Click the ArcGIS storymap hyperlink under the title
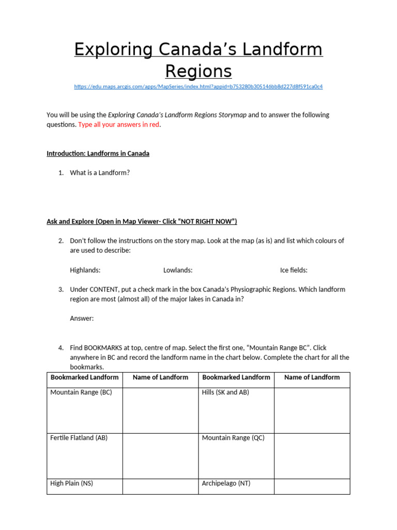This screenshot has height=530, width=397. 198,86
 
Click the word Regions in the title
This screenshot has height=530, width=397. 198,71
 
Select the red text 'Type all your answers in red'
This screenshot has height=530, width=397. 119,125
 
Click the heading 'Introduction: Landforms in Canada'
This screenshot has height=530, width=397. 98,154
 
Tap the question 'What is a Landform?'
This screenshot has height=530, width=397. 100,173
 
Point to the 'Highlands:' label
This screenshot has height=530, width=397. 85,270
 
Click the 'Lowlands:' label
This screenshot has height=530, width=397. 178,270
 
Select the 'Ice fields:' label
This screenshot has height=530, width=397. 294,270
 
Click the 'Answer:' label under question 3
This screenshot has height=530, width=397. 82,319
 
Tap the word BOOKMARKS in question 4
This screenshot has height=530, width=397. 103,348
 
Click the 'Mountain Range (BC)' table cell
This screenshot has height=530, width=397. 81,392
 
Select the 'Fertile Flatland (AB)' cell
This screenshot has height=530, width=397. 79,438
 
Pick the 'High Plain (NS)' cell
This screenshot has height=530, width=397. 72,483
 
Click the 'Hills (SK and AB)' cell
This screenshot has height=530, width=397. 225,392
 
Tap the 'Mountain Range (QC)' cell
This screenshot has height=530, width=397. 233,438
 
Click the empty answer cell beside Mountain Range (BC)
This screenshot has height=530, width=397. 160,410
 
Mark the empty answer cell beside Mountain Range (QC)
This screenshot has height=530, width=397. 312,455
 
